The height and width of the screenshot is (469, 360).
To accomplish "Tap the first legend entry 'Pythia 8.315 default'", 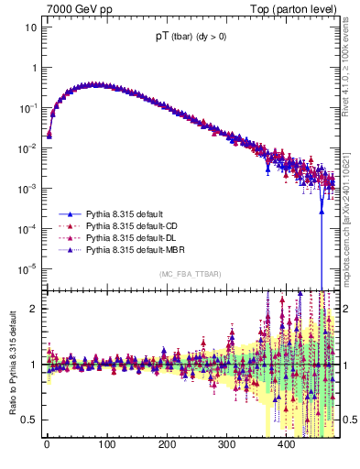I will [x=125, y=213].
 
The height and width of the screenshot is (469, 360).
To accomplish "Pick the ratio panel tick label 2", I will [x=32, y=308].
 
